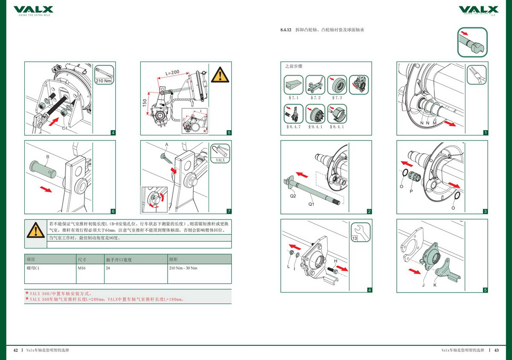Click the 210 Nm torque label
point(104,80)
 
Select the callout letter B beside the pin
point(48,157)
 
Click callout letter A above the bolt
point(167,145)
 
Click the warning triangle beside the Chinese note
point(35,231)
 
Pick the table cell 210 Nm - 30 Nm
point(183,268)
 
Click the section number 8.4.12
point(285,30)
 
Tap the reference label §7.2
point(316,98)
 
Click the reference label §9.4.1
point(316,127)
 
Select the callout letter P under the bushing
point(411,191)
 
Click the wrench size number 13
point(355,238)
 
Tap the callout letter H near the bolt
point(336,261)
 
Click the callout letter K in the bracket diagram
point(435,284)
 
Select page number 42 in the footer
point(15,350)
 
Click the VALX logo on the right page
point(478,9)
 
